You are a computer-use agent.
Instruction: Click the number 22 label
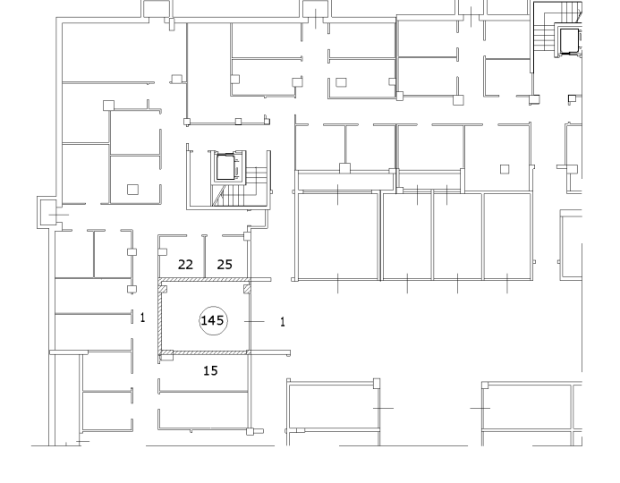185,265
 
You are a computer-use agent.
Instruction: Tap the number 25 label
225,265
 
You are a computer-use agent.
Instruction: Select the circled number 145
213,320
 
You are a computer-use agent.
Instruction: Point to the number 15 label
210,370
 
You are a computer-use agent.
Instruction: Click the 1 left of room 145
143,317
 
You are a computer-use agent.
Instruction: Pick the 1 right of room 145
283,322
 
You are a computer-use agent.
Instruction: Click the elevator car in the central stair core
226,167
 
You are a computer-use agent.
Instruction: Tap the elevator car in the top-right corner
568,40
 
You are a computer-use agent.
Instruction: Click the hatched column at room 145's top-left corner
163,289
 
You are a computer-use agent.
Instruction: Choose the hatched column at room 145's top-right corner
247,289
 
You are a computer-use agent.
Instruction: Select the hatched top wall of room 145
205,280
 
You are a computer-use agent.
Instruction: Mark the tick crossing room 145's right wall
254,321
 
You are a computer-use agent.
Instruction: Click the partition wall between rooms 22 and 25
204,256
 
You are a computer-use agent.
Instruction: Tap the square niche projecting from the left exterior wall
47,212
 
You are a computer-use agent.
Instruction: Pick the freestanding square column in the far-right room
505,169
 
